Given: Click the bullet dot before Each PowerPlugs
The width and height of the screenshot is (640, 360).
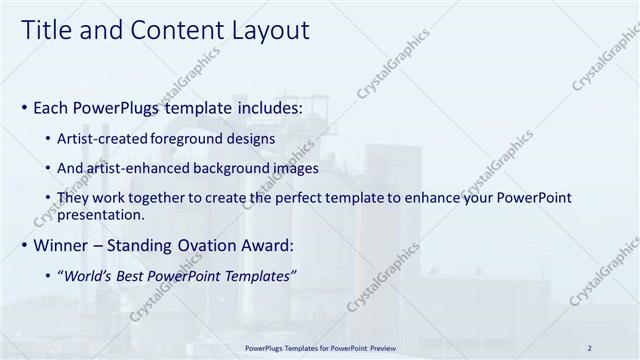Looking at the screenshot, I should [x=24, y=106].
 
